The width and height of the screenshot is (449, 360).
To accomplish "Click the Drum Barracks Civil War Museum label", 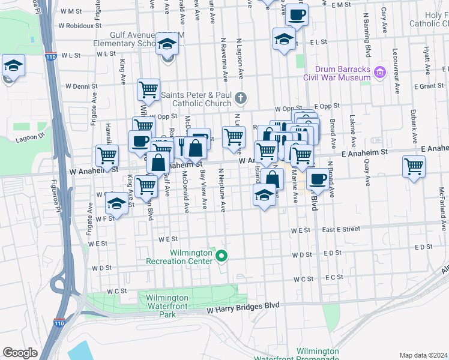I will click(336, 73).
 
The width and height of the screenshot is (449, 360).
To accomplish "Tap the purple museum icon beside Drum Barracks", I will click(379, 73).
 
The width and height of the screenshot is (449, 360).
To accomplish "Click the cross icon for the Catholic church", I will click(241, 98).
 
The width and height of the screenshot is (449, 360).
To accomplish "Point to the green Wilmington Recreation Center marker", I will click(221, 257).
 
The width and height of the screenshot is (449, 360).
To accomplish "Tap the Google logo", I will click(20, 352).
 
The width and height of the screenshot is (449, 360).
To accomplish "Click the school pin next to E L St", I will click(284, 40).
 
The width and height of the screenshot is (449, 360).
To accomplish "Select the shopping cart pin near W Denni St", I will click(148, 91).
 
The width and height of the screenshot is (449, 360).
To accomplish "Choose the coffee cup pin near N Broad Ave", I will click(318, 179).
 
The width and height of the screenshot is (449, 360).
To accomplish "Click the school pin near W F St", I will click(116, 203).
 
